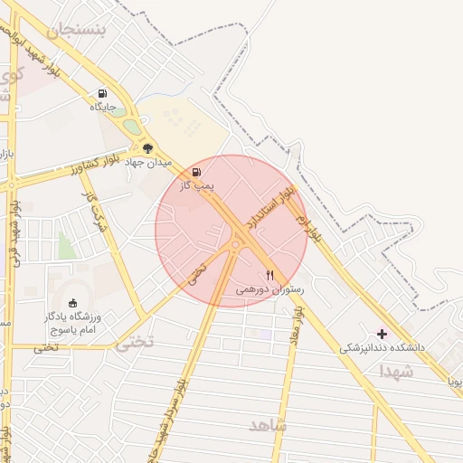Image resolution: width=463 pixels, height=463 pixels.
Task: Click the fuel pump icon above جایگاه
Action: pos(102,92)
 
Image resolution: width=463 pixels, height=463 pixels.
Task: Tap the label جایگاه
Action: pos(102,107)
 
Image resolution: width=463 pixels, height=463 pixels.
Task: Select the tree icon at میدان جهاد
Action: pos(147,148)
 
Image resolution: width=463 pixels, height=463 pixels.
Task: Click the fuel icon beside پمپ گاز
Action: pos(197,171)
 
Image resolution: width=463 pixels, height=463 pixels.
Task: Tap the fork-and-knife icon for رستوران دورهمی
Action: pos(269,275)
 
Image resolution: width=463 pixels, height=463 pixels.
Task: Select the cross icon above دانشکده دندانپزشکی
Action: pos(382,334)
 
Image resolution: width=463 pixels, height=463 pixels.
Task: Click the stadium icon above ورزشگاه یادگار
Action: pos(73,303)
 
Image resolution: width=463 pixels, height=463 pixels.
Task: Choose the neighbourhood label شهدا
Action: pos(396,371)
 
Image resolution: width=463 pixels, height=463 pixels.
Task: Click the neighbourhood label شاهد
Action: pos(267,424)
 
